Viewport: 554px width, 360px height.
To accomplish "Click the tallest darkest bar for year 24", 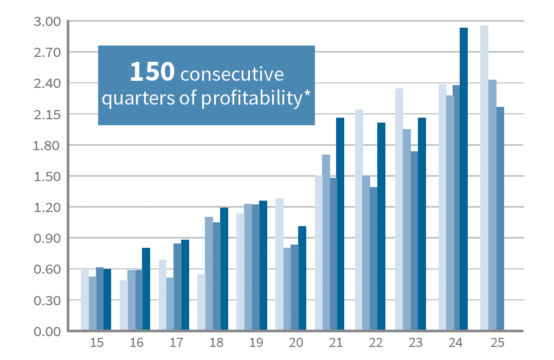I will click(463, 179).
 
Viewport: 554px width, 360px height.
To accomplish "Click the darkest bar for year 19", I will click(263, 266).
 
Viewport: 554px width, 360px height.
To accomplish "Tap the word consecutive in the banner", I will click(231, 74).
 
